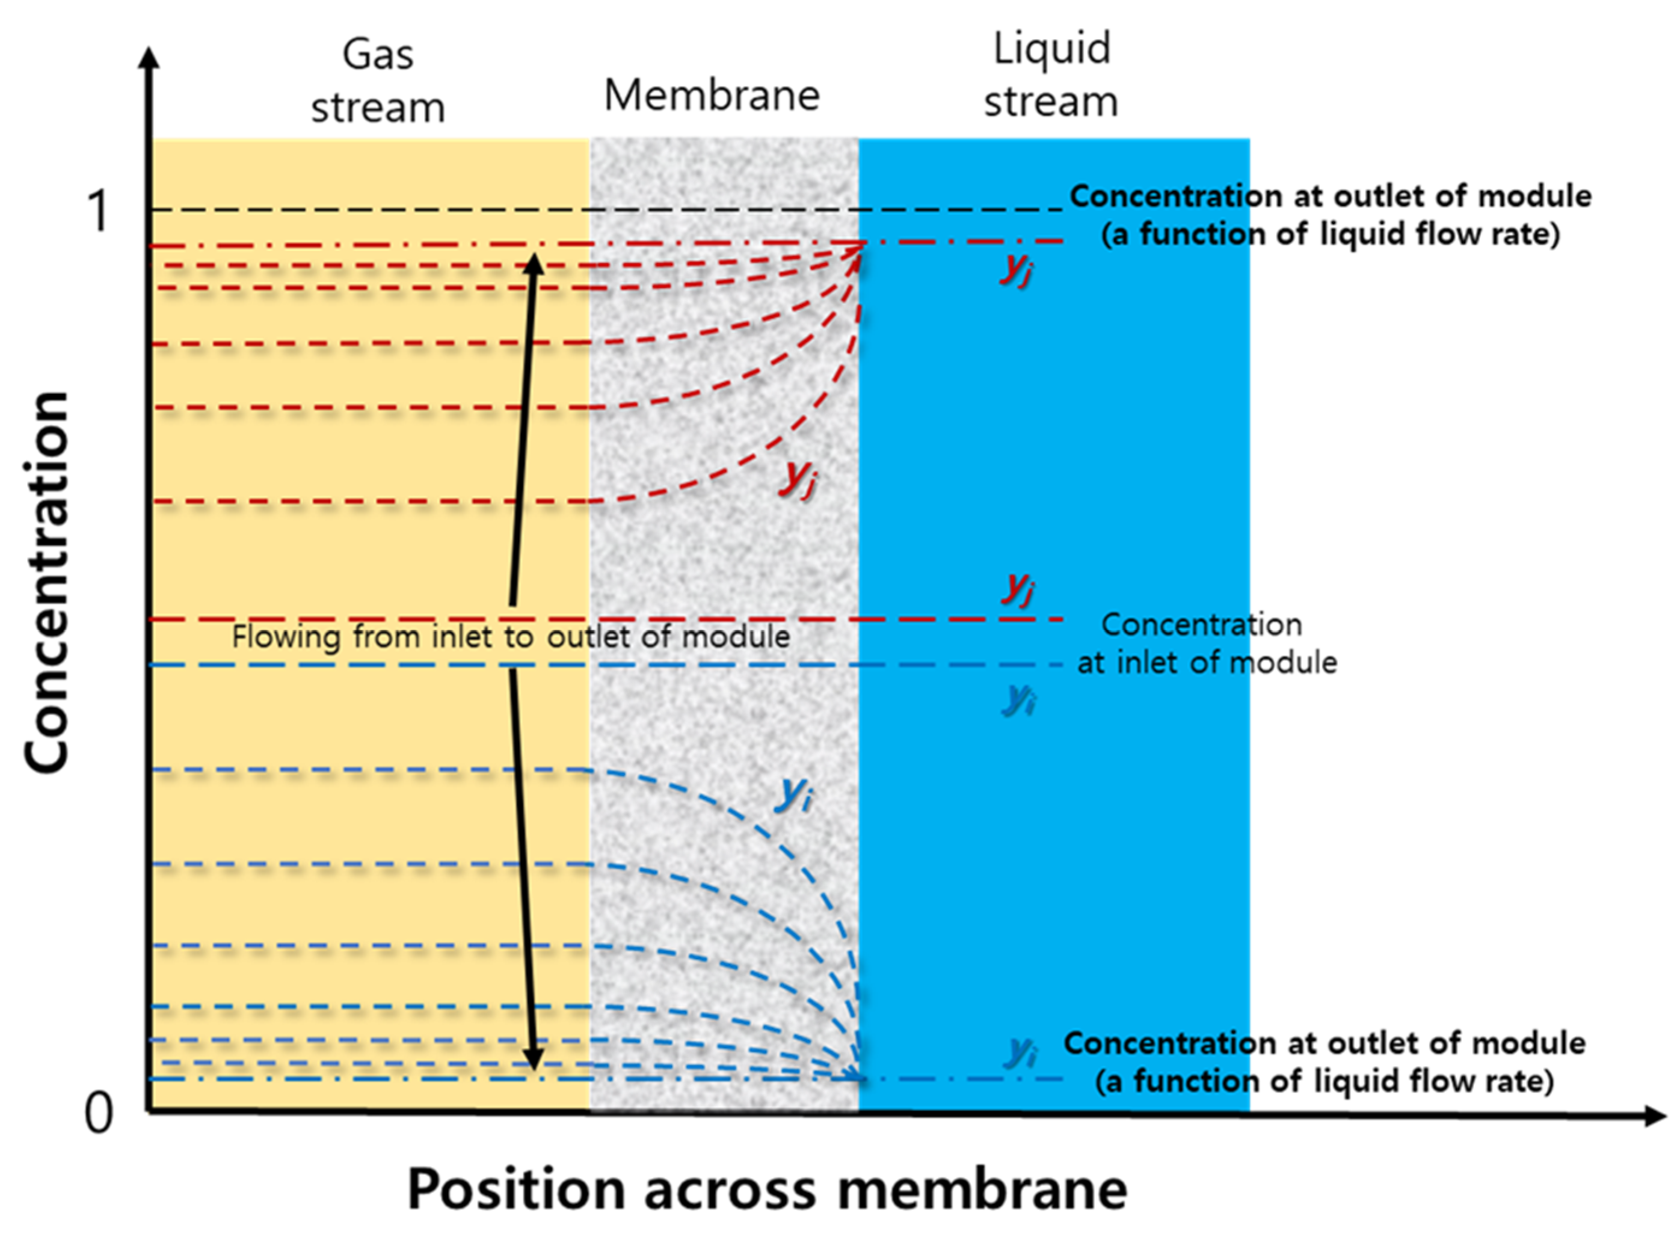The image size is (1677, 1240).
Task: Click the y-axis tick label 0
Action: [98, 1113]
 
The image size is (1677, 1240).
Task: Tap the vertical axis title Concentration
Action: [46, 582]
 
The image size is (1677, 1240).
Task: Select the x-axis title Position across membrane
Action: [766, 1189]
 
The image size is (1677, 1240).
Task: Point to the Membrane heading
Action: [712, 96]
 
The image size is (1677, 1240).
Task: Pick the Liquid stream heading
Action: [1051, 75]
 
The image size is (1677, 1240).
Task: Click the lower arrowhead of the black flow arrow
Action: [533, 1060]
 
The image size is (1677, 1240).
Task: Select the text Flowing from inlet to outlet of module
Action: [511, 636]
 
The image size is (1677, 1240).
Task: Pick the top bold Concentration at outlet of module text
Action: [1329, 215]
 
